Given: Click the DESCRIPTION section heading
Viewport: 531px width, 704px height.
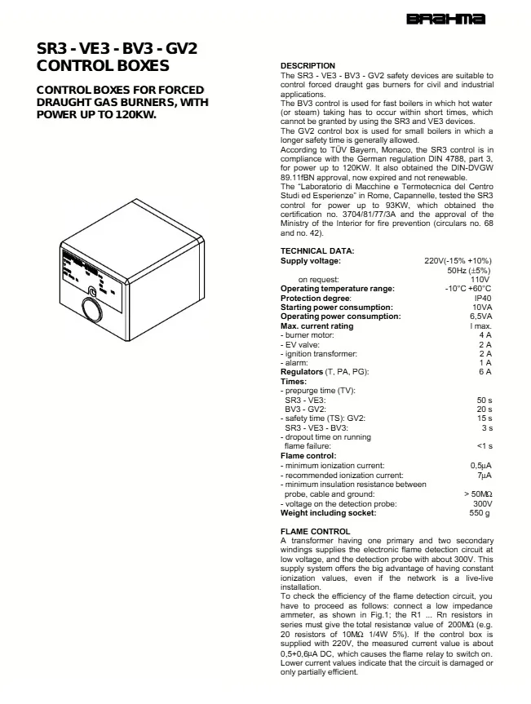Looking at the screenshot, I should pos(308,66).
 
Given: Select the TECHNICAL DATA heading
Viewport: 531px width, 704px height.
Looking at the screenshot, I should pos(317,251).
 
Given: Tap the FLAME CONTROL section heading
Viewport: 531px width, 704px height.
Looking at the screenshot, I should pos(315,532).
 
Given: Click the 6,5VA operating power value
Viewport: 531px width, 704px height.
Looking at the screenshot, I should pos(480,317).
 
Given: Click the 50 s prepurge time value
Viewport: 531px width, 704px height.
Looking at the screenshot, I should pos(484,401).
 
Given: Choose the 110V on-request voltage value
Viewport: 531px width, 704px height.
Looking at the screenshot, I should pos(481,279).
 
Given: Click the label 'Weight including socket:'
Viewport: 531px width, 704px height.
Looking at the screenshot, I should pos(328,513).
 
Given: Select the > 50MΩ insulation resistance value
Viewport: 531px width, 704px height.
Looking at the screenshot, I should pos(476,494).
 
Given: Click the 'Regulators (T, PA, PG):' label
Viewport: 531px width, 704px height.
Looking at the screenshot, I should pos(325,372).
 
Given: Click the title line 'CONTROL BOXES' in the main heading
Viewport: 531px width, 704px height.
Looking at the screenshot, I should pos(103,66).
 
